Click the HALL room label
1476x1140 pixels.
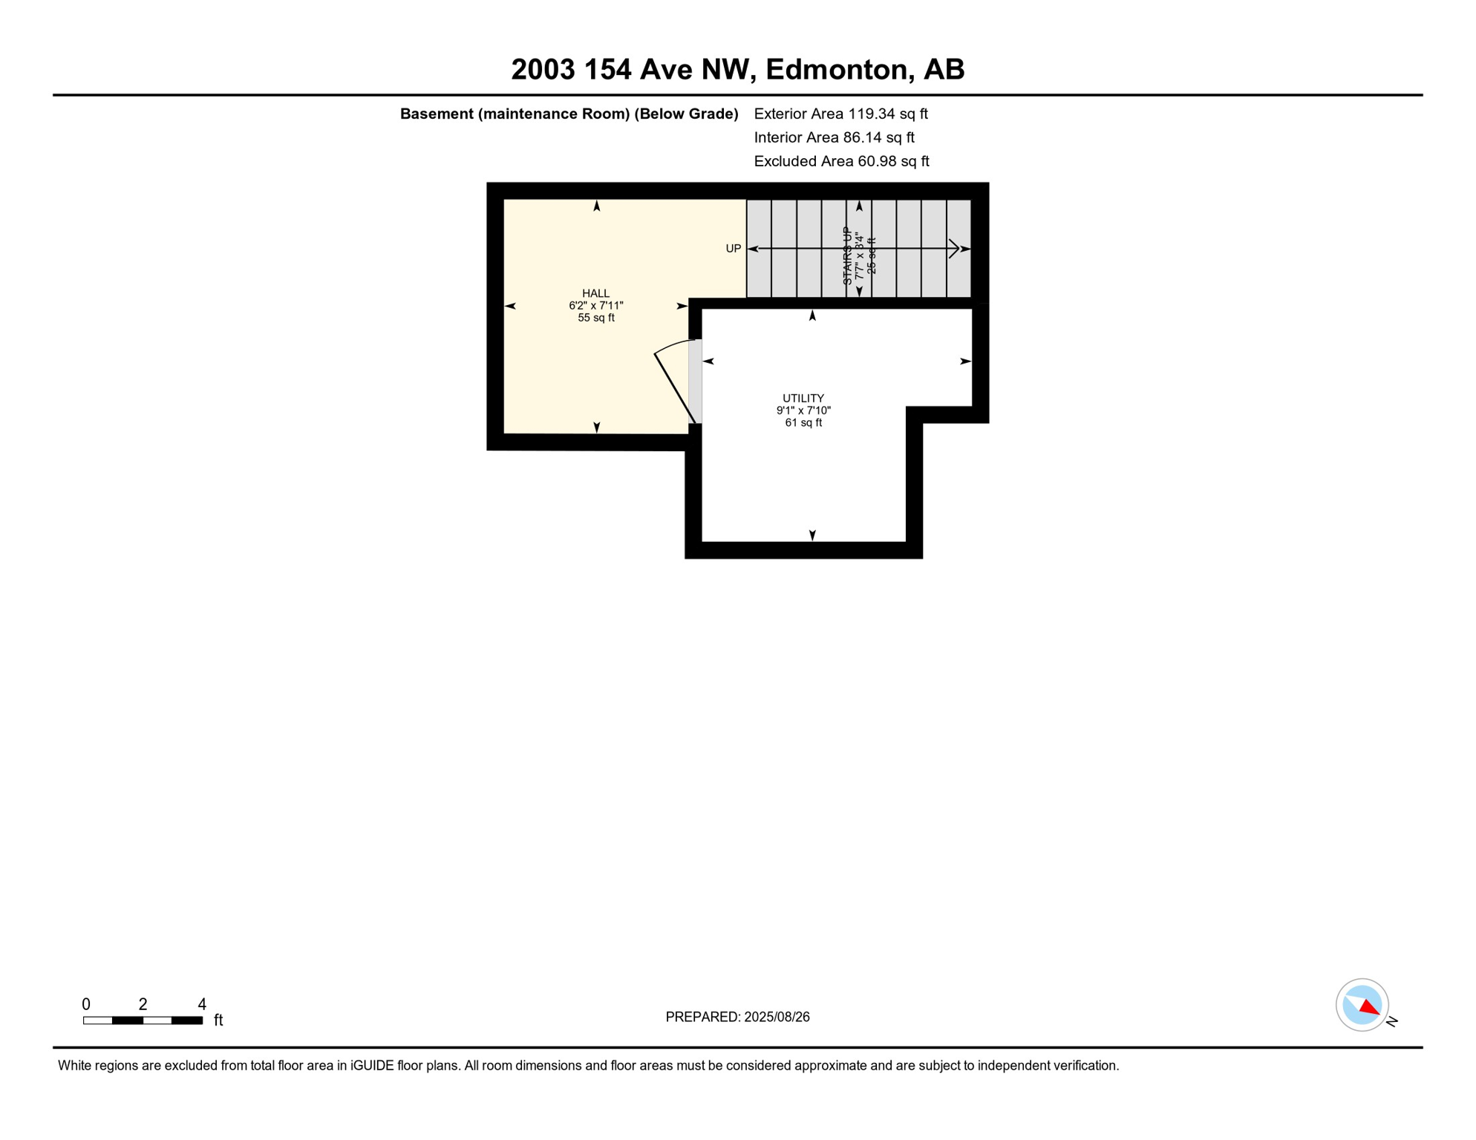(595, 293)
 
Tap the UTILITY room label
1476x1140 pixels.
(803, 399)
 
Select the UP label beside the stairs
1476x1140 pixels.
(733, 249)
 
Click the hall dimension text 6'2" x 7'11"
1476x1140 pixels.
(595, 306)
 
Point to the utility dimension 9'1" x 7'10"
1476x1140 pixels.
(803, 410)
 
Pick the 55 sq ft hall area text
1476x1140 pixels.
(595, 318)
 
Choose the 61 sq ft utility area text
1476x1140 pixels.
(803, 423)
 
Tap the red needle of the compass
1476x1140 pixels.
(1370, 1007)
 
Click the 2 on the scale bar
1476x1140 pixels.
(143, 1004)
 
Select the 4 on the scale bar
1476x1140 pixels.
(201, 1004)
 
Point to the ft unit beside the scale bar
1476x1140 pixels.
(218, 1021)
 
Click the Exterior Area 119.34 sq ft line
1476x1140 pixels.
(840, 114)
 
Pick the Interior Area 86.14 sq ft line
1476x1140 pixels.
(834, 137)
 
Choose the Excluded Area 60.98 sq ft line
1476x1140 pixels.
(841, 161)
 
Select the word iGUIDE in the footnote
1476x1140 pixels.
(372, 1066)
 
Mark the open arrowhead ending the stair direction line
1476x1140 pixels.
(955, 249)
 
